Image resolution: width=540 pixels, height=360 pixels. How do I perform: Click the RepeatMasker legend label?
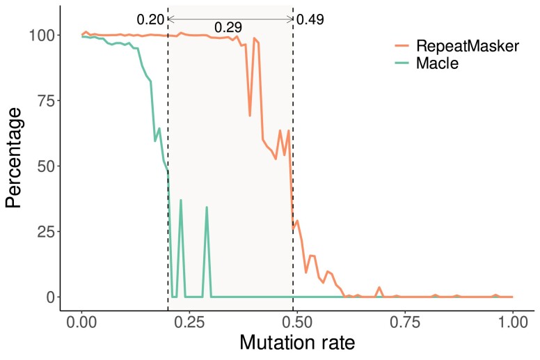[468, 46]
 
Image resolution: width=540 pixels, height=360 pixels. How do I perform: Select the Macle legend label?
[438, 63]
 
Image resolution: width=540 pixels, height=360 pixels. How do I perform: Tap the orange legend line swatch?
[402, 46]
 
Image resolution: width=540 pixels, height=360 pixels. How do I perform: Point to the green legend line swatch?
[402, 63]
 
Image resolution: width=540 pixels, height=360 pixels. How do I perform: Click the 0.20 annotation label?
[150, 19]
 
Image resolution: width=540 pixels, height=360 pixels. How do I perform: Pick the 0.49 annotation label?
[310, 19]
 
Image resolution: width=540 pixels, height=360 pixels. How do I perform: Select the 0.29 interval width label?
[228, 27]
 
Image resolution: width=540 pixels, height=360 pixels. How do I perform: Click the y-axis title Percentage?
[13, 158]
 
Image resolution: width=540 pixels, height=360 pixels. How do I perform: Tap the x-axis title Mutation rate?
[297, 343]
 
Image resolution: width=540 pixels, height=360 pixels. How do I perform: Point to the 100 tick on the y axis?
[42, 35]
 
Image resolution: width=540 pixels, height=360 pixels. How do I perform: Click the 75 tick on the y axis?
[46, 100]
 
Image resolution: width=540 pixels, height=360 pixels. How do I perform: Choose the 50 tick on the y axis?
[46, 166]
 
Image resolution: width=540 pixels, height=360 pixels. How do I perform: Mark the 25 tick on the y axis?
[46, 231]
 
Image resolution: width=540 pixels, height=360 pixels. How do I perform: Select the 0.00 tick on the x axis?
[81, 323]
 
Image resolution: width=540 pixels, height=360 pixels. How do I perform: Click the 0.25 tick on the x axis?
[189, 323]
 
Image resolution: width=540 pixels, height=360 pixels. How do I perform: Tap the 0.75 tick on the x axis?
[405, 323]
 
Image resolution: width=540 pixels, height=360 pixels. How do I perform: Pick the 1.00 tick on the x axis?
[512, 323]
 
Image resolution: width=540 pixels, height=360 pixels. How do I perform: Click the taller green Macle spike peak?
[181, 200]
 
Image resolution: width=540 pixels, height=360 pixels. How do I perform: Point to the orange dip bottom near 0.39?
[250, 116]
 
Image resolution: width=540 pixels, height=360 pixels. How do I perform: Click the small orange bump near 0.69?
[379, 288]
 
